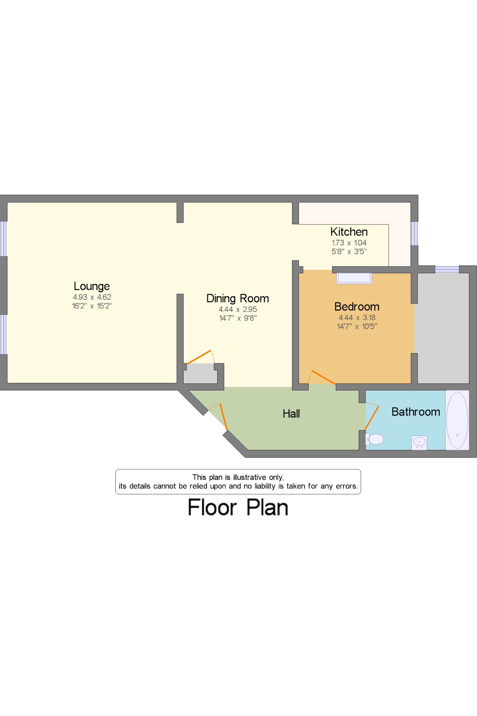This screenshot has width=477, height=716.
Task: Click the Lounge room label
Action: click(92, 286)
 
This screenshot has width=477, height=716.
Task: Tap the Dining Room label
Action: click(238, 298)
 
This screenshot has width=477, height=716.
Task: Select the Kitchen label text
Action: click(349, 232)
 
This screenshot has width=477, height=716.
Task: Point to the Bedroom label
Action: click(357, 307)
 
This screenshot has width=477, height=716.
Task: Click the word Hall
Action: click(291, 414)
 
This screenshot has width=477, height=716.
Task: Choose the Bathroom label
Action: click(415, 412)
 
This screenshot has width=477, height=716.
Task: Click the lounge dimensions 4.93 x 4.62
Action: click(92, 297)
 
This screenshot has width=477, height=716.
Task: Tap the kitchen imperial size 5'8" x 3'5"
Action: click(349, 252)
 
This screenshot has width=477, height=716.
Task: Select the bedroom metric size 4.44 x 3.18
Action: click(357, 318)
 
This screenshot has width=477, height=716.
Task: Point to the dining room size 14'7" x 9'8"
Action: click(238, 318)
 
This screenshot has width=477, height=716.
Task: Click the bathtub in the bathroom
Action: click(457, 420)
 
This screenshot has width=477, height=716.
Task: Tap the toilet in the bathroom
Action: click(375, 439)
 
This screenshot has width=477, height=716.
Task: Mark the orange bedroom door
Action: click(323, 377)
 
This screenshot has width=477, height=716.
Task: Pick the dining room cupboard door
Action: click(199, 357)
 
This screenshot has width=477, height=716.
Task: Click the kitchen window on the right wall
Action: click(414, 233)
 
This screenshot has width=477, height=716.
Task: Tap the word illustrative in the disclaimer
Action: click(249, 477)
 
